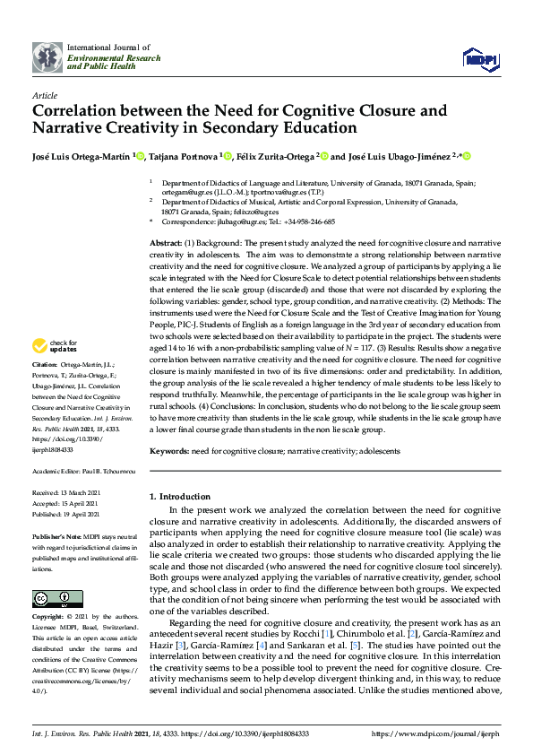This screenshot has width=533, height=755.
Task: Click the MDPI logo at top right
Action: [478, 58]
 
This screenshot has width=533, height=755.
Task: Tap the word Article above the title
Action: [44, 94]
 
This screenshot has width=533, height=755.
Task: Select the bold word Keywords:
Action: [168, 451]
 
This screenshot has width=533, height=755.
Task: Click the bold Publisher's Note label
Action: [56, 534]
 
